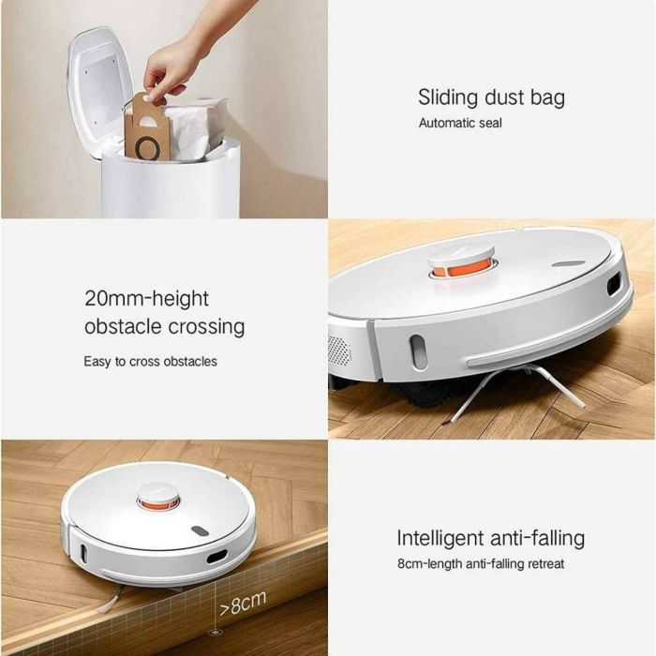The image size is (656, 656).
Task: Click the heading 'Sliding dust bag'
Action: [491, 97]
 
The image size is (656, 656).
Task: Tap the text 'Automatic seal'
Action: [460, 123]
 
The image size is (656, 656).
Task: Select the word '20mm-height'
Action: [146, 299]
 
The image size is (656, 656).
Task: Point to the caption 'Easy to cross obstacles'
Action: [150, 361]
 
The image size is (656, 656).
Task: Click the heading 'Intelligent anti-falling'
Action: [491, 538]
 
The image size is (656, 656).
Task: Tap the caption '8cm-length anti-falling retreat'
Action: [481, 564]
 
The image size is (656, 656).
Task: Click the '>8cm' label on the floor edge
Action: [243, 604]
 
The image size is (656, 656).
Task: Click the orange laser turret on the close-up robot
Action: [461, 268]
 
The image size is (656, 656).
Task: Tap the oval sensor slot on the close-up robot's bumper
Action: [418, 351]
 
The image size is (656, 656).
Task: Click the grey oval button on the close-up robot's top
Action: [569, 264]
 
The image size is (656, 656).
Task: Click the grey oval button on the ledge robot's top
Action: [201, 531]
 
